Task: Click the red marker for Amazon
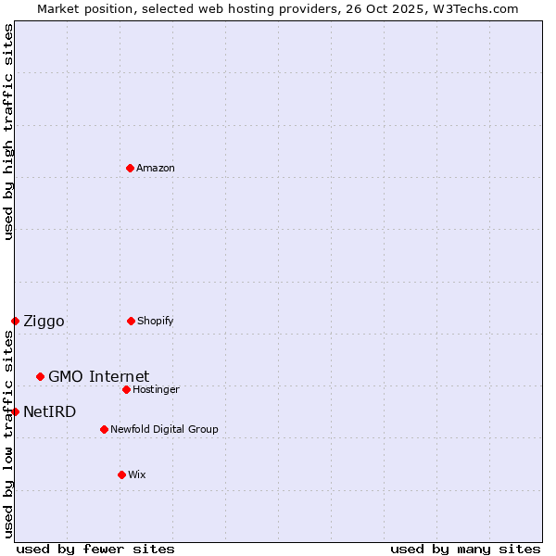coord(130,168)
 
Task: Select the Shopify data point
coord(131,321)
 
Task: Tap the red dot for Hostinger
coord(126,389)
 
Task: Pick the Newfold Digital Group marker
coord(104,429)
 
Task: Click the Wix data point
coord(121,474)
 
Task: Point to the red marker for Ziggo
coord(15,321)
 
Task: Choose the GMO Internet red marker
coord(40,376)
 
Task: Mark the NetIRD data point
coord(15,411)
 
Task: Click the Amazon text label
coord(156,169)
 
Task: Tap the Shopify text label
coord(156,322)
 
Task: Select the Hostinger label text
coord(156,390)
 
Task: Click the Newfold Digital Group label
coord(164,430)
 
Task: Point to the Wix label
coord(137,475)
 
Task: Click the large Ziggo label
coord(44,322)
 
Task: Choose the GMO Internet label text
coord(98,376)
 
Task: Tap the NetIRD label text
coord(49,411)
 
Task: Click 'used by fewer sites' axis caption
coord(95,549)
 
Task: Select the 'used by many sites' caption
coord(465,549)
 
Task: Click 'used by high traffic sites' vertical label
coord(8,132)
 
